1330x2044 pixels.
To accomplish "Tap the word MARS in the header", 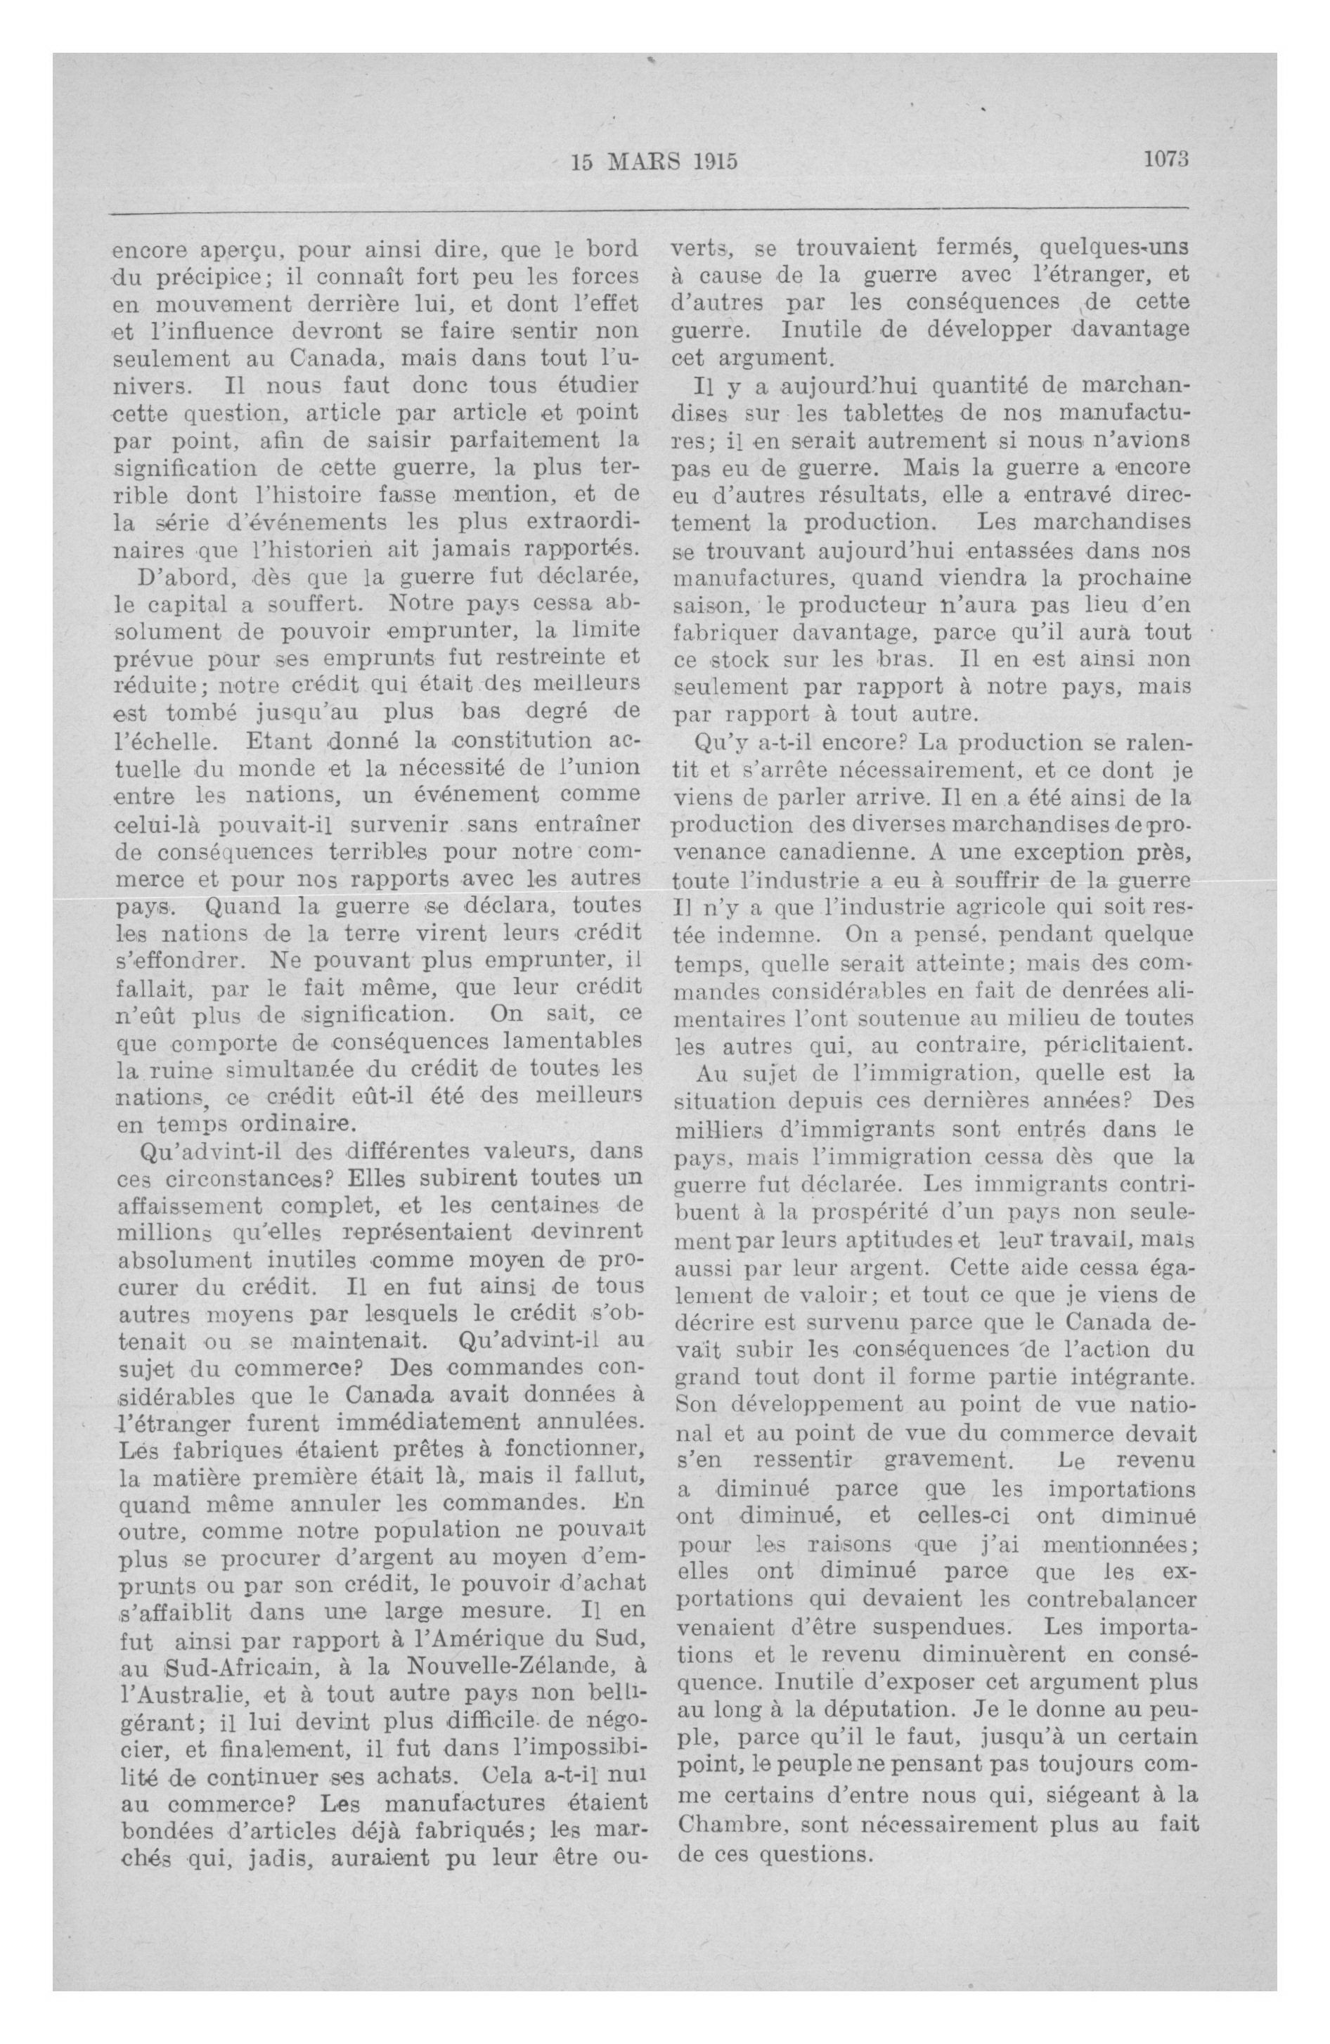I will pyautogui.click(x=646, y=162).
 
